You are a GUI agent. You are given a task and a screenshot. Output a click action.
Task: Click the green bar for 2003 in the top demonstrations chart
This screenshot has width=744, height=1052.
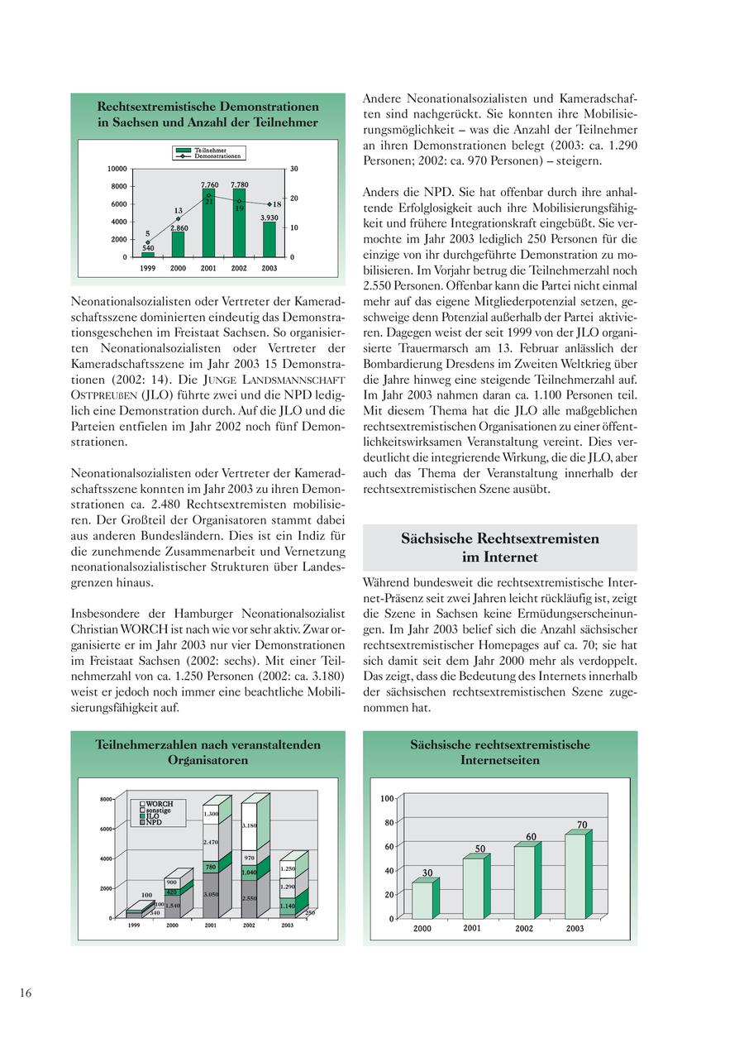269,240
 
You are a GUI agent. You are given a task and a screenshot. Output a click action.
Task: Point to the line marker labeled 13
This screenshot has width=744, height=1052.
178,219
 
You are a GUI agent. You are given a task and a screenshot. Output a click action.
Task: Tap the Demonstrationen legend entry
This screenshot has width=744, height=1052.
217,155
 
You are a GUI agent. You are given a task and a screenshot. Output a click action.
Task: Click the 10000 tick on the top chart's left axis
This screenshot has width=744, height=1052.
117,169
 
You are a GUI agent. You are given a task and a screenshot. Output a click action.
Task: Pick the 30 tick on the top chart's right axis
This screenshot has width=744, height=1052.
294,169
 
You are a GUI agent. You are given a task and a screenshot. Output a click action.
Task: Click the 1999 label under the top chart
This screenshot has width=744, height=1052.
148,269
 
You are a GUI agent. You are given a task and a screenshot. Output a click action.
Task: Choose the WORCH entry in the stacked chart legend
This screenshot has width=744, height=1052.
159,803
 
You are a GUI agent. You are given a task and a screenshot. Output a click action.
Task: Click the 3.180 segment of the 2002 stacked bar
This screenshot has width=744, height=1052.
249,825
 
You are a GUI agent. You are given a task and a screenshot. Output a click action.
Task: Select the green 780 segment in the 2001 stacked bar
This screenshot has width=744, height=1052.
211,867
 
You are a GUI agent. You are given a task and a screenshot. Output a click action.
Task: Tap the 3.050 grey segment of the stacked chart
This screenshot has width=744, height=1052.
211,894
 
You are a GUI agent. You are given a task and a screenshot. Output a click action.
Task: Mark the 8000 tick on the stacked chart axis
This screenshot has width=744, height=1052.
106,799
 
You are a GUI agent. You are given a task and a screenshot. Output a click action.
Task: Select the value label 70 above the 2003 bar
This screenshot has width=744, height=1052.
582,825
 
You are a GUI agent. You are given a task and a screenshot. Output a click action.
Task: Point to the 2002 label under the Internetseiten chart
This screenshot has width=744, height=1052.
524,929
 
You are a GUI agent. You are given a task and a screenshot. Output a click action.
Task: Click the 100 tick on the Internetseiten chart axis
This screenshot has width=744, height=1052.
387,799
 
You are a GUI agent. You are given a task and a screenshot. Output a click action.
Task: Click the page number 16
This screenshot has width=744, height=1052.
26,993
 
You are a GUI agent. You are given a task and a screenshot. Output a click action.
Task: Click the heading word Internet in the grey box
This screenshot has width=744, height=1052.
512,557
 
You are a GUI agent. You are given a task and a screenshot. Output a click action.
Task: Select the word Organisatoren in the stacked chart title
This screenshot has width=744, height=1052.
208,760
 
